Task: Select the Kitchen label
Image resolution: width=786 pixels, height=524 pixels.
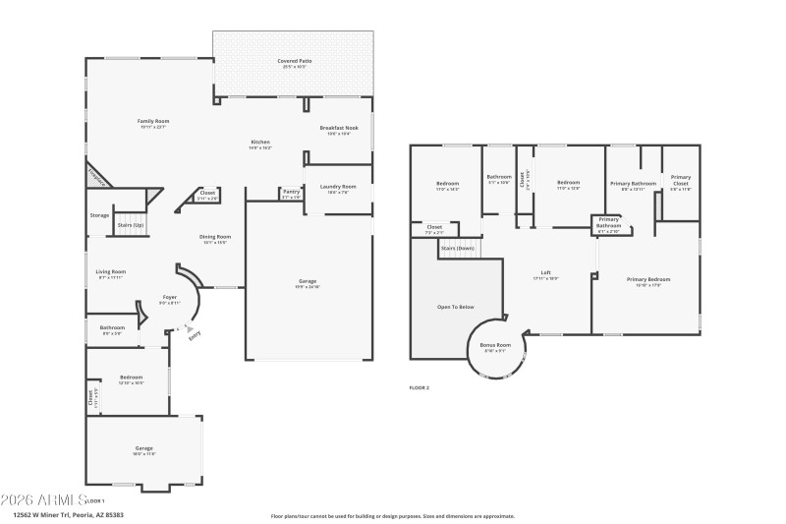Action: point(259,143)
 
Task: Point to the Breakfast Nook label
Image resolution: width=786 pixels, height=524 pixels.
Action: point(339,128)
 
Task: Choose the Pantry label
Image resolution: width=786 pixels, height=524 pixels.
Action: point(291,192)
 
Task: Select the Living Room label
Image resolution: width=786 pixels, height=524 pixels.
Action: point(110,272)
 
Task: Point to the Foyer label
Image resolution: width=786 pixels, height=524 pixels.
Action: point(169,297)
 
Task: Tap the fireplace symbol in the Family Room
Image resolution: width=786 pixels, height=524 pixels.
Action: point(96,175)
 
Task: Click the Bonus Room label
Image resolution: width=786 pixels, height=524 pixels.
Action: point(495,345)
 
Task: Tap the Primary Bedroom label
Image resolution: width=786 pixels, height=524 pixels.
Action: point(645,279)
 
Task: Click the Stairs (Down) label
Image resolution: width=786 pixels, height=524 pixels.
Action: point(459,248)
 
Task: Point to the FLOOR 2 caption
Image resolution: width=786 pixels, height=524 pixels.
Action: point(420,388)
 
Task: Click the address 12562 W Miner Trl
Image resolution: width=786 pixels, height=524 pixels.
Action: point(68,513)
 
